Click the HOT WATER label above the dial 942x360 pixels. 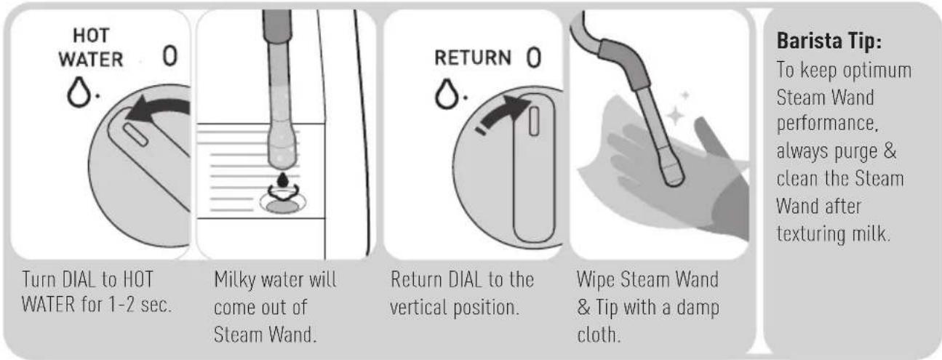click(91, 47)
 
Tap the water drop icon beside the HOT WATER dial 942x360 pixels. click(79, 92)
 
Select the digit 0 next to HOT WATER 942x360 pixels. click(170, 55)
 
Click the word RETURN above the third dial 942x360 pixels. click(473, 57)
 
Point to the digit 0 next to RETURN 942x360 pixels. click(534, 58)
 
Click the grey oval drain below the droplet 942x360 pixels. click(283, 207)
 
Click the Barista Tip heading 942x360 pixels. click(829, 41)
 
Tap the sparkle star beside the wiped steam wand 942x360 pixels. click(674, 115)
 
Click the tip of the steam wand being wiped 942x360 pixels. click(675, 180)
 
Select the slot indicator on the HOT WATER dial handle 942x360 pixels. click(135, 135)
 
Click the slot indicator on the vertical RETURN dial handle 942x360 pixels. click(534, 121)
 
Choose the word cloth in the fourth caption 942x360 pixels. click(599, 335)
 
